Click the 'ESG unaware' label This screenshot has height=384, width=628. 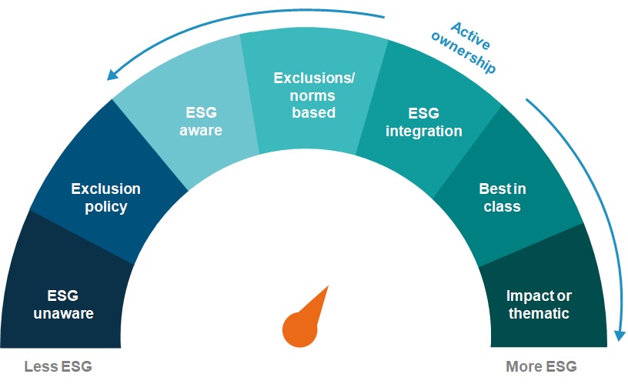pyautogui.click(x=64, y=304)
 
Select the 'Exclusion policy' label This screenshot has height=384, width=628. pyautogui.click(x=105, y=198)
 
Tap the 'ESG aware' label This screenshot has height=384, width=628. pyautogui.click(x=201, y=122)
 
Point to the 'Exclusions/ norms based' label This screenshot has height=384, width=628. pyautogui.click(x=313, y=95)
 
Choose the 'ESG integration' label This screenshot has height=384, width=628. pyautogui.click(x=424, y=122)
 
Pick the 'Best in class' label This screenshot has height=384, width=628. pyautogui.click(x=503, y=198)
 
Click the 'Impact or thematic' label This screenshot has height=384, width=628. pyautogui.click(x=539, y=304)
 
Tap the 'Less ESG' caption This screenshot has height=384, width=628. pyautogui.click(x=58, y=366)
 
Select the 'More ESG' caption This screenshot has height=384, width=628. pyautogui.click(x=541, y=366)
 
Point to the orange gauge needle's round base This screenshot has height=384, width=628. pyautogui.click(x=299, y=329)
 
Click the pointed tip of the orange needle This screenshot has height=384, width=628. pyautogui.click(x=329, y=286)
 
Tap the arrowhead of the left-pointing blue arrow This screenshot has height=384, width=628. pyautogui.click(x=112, y=75)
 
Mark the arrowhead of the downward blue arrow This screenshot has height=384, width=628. pyautogui.click(x=620, y=336)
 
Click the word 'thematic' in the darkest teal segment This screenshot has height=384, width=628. pyautogui.click(x=539, y=313)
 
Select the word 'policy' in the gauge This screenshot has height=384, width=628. pyautogui.click(x=105, y=207)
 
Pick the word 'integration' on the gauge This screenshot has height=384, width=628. pyautogui.click(x=424, y=132)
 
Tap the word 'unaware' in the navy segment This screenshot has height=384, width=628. pyautogui.click(x=64, y=313)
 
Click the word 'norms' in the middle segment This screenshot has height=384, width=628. pyautogui.click(x=312, y=95)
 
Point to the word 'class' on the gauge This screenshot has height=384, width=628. pyautogui.click(x=502, y=206)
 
